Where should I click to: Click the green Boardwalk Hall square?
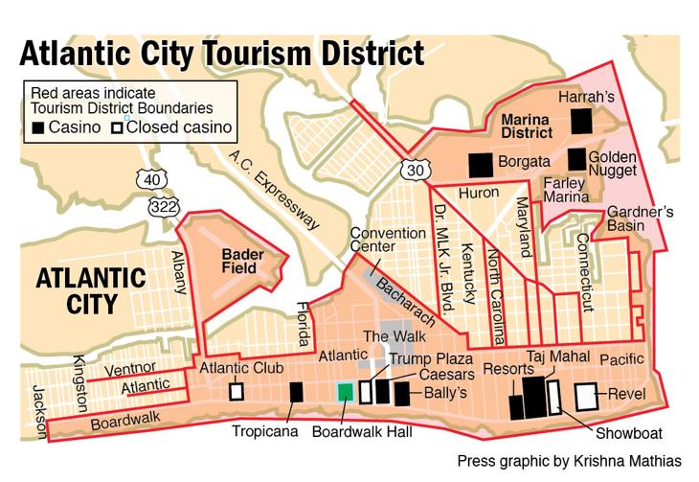click(345, 391)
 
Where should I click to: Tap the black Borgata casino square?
click(480, 165)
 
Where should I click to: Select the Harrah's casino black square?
click(582, 122)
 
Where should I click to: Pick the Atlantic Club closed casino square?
click(236, 391)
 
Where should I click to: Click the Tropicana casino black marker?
click(296, 391)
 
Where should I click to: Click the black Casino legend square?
click(38, 127)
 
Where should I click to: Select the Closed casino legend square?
click(117, 127)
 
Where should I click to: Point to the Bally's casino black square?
click(401, 391)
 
